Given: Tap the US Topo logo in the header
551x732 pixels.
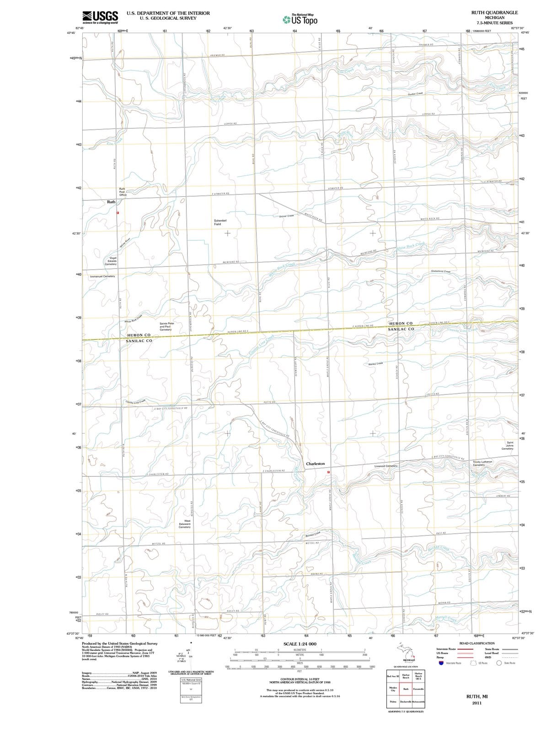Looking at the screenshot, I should coord(300,20).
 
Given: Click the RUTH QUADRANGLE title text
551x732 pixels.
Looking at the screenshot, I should coord(494,13).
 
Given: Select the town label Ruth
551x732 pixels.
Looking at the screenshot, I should coord(111,202).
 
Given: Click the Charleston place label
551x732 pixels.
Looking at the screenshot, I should coord(315,463).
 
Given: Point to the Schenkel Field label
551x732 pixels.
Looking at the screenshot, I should coord(220,222).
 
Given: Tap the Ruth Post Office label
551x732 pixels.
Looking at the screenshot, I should coord(123,192).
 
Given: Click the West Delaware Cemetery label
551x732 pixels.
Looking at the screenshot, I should coord(184,524).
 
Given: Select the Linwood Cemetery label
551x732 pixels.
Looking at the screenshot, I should coord(385,466).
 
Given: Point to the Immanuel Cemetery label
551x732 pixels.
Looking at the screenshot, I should coord(102,276).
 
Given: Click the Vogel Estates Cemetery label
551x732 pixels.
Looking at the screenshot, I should coord(111,261).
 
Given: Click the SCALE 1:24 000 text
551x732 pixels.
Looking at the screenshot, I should coord(300,644).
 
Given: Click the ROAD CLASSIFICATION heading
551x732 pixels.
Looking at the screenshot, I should coord(476,643).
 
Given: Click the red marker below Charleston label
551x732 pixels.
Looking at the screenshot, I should coord(328,472).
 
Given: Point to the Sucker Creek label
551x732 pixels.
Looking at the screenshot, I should coord(415,93).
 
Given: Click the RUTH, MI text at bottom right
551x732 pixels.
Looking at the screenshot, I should coord(476,696).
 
